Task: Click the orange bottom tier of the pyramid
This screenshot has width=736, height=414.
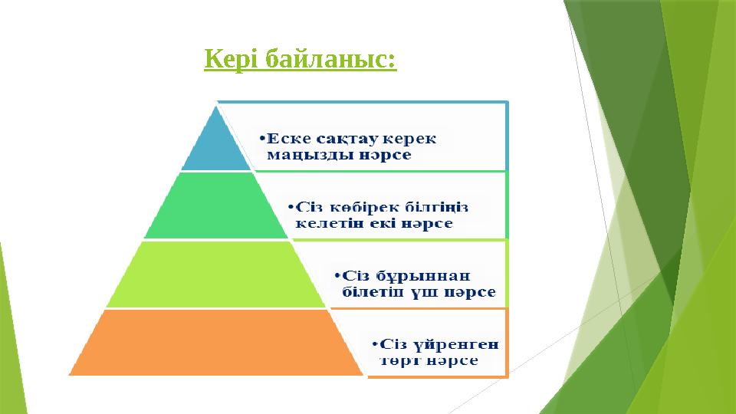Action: pyautogui.click(x=215, y=342)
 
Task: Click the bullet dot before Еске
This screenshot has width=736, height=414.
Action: pyautogui.click(x=261, y=140)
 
